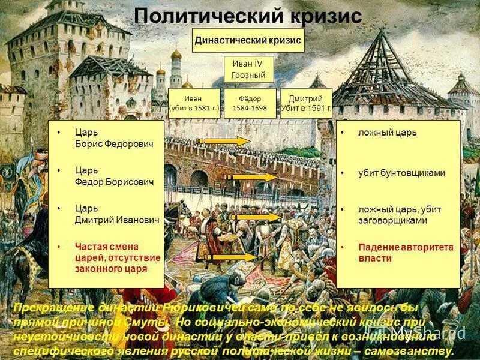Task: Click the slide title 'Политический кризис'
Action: pyautogui.click(x=247, y=16)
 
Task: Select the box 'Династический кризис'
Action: pyautogui.click(x=248, y=41)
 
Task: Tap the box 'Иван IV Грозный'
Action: pyautogui.click(x=248, y=70)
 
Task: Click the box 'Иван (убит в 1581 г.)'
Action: pyautogui.click(x=194, y=104)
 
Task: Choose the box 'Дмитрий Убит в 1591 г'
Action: pyautogui.click(x=306, y=104)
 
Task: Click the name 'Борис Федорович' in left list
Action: pyautogui.click(x=113, y=145)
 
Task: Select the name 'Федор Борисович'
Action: pyautogui.click(x=114, y=182)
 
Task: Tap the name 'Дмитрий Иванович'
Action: pyautogui.click(x=116, y=220)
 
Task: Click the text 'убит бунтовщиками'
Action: pyautogui.click(x=401, y=173)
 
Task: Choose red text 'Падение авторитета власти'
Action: pyautogui.click(x=406, y=253)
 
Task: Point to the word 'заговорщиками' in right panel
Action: pyautogui.click(x=392, y=220)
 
